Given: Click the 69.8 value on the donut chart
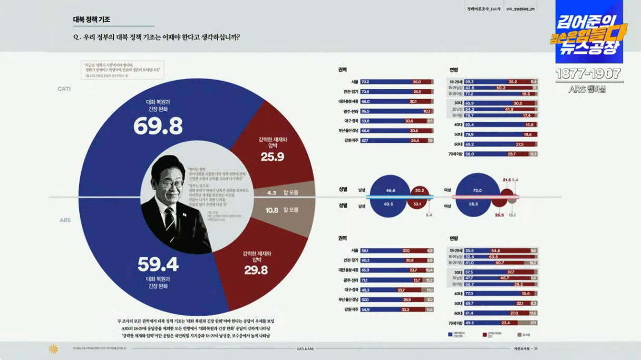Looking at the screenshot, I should tap(158, 125).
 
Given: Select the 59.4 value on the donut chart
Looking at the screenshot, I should tap(158, 264).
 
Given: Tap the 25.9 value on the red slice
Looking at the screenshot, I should tap(272, 157).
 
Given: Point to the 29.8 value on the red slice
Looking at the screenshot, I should tap(256, 270).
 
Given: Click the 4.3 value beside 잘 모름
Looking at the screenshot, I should tap(272, 193).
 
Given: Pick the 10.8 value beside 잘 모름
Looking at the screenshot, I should tap(271, 210).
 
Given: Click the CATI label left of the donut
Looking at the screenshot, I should tap(64, 89).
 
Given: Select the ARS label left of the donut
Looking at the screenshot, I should tap(65, 220).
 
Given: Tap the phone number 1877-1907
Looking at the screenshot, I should tap(588, 74).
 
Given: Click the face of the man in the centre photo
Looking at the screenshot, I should tap(171, 181).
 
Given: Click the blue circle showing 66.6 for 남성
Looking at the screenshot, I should tap(391, 190).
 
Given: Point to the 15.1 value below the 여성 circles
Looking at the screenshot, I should tap(512, 215).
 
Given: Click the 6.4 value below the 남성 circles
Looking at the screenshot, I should tap(429, 215).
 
